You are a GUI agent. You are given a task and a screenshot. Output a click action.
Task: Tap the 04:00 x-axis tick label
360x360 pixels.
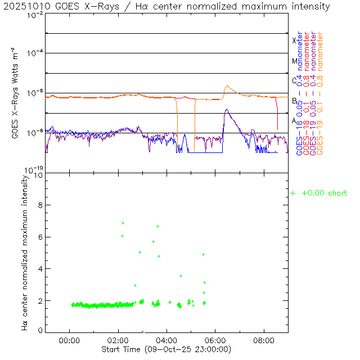tap(167, 341)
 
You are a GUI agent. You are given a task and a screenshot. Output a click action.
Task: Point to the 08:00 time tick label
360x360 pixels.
tap(264, 341)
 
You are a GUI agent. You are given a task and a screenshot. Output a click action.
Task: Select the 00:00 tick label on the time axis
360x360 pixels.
tap(69, 341)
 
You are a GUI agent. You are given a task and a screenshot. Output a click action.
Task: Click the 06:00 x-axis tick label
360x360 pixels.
tap(215, 341)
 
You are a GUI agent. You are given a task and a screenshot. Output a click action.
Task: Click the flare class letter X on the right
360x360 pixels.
tap(294, 40)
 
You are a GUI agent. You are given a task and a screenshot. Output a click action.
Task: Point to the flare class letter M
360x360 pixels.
tap(294, 61)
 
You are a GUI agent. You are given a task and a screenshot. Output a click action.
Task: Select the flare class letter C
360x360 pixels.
tap(294, 80)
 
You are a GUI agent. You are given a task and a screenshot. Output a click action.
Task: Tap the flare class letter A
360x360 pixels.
tap(294, 120)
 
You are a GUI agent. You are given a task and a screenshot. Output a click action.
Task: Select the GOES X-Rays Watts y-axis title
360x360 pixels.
tap(16, 93)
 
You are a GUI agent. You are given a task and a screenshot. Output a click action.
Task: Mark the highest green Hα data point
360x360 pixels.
tap(123, 223)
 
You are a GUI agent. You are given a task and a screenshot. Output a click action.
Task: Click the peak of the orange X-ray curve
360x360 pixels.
tap(227, 86)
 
